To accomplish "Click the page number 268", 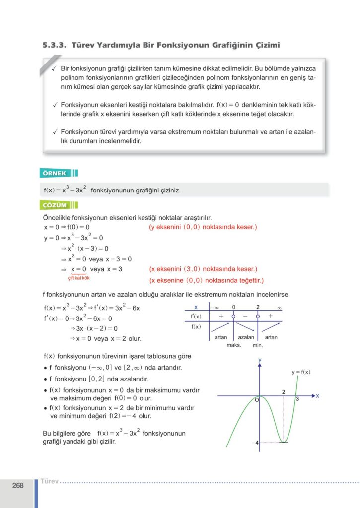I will (18, 486).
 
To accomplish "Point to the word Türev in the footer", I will (50, 481).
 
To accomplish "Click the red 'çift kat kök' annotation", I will (79, 277).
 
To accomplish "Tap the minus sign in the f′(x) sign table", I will (245, 316).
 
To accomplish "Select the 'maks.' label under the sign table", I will (233, 345).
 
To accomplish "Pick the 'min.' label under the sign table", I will (258, 345).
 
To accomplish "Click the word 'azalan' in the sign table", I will (246, 337).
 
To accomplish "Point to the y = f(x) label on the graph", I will (301, 372).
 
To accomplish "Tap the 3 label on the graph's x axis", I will (297, 399).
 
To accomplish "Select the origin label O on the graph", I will (257, 400).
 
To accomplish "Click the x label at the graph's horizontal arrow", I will (317, 396).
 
